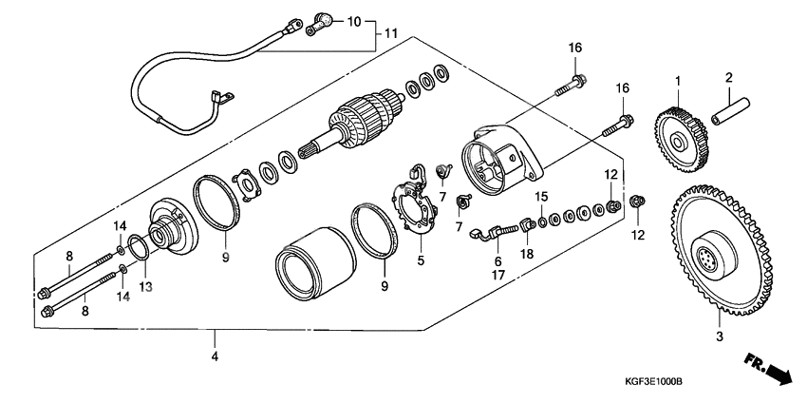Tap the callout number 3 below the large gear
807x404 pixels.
click(x=719, y=336)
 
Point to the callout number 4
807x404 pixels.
click(x=216, y=357)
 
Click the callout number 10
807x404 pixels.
click(x=352, y=20)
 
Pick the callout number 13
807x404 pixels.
click(x=144, y=286)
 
